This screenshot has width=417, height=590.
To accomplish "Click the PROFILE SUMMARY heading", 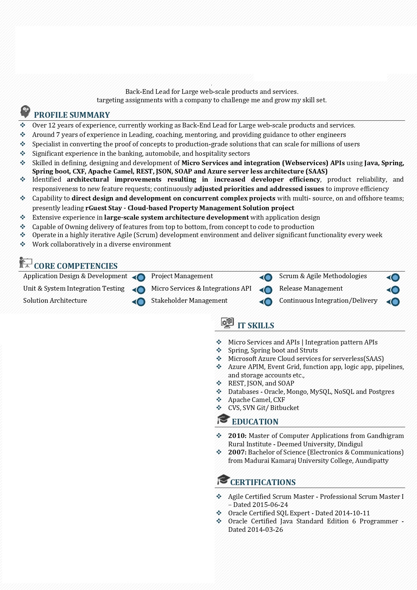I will pos(72,115).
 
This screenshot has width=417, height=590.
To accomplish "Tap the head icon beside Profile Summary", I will pos(25,111).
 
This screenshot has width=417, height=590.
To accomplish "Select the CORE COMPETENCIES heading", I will pos(76,266).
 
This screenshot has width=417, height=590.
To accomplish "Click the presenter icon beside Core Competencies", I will pos(26,263).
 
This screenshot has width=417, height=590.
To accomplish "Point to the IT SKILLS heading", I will pos(256,326).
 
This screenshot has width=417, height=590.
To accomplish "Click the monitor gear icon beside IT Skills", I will pos(227,323).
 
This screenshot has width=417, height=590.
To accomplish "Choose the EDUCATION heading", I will pos(255,422).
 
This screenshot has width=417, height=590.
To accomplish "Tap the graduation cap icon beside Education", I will pos(223,419).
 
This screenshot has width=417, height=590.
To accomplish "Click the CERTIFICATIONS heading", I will pos(263,482).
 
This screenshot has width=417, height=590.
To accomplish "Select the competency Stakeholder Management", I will pos(189,301).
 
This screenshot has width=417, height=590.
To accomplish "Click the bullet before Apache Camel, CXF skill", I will pos(219,400).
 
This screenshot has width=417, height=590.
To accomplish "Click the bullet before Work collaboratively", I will pos(23,244).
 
